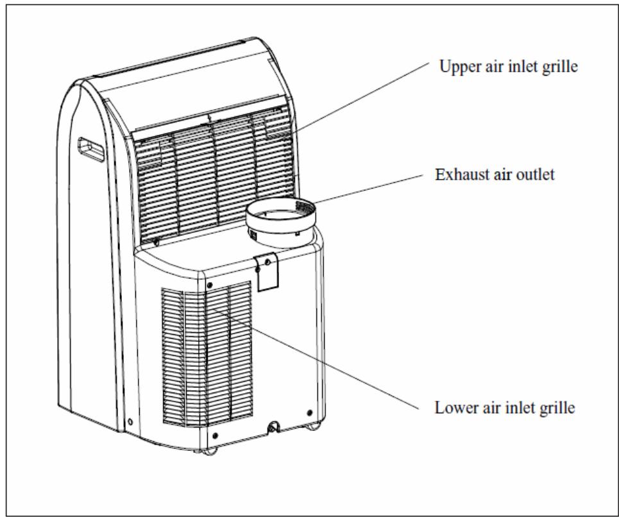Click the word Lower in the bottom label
click(x=452, y=407)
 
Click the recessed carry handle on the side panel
click(x=91, y=149)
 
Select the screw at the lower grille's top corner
click(x=209, y=285)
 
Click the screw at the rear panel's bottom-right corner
click(x=309, y=413)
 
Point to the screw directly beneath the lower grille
click(x=215, y=436)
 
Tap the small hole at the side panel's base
click(x=130, y=422)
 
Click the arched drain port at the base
click(x=273, y=427)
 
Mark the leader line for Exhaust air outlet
click(x=368, y=189)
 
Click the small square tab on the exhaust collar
click(x=253, y=235)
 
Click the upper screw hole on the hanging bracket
click(x=267, y=261)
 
